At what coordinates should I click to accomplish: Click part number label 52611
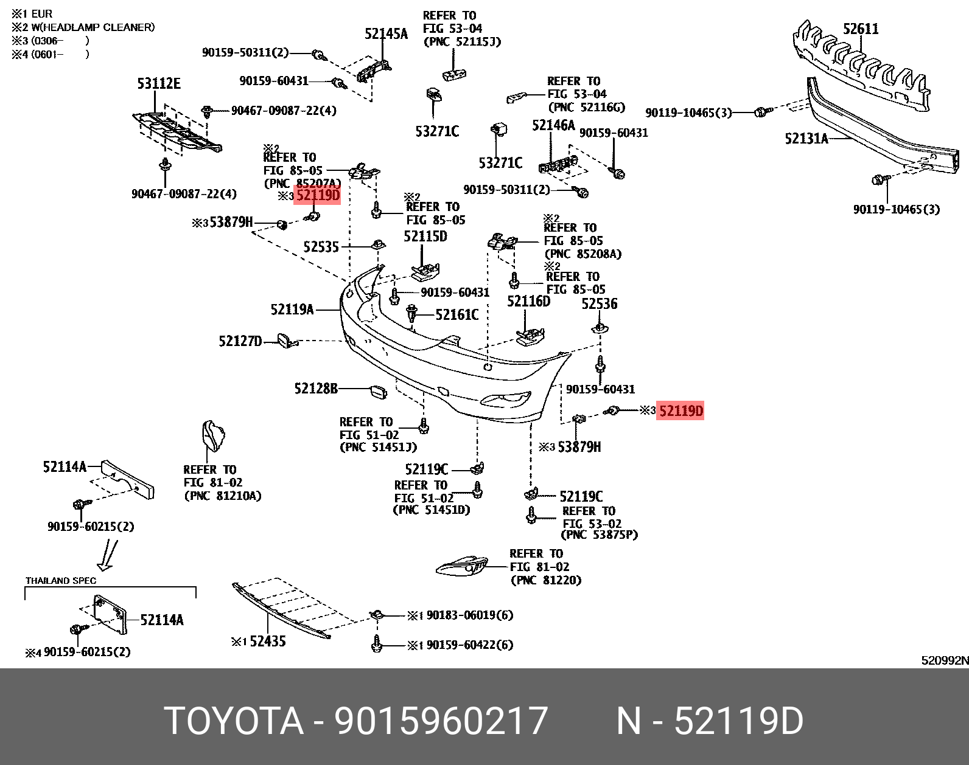click(860, 29)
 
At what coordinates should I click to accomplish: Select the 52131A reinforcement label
click(806, 139)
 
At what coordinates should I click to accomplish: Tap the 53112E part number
click(159, 83)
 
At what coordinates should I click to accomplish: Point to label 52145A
click(386, 34)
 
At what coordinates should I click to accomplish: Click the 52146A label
click(553, 125)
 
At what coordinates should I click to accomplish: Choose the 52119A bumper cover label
click(292, 310)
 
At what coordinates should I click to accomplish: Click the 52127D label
click(240, 341)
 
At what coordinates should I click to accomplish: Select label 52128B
click(315, 388)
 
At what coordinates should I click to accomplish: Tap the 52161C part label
click(457, 314)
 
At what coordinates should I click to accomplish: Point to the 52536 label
click(599, 303)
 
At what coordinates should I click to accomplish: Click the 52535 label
click(321, 246)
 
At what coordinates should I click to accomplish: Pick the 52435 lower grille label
click(267, 641)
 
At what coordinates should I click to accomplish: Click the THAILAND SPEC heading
click(61, 581)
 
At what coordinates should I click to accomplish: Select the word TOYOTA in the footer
click(234, 721)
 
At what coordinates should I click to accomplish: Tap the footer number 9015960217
click(441, 721)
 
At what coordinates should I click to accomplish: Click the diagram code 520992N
click(944, 660)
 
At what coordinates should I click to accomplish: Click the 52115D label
click(425, 236)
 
